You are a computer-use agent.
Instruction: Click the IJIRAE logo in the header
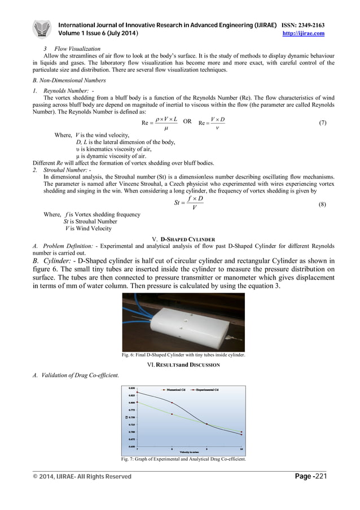point(42,29)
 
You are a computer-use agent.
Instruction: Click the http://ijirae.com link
point(303,34)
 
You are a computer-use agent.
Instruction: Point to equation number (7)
point(322,123)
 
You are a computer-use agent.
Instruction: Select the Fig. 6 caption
point(183,355)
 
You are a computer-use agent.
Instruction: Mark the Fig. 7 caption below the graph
point(183,459)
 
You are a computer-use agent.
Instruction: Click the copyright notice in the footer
point(82,477)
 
